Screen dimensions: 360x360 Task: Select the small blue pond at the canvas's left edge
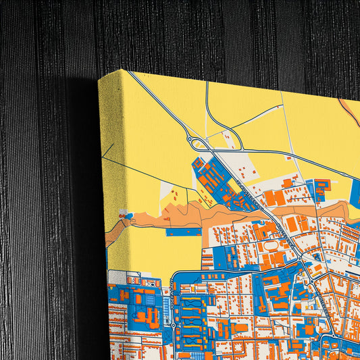click(123, 213)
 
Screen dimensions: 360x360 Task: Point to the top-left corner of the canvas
click(99, 80)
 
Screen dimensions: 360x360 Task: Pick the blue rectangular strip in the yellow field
click(183, 232)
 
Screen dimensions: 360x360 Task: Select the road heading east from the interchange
click(270, 152)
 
